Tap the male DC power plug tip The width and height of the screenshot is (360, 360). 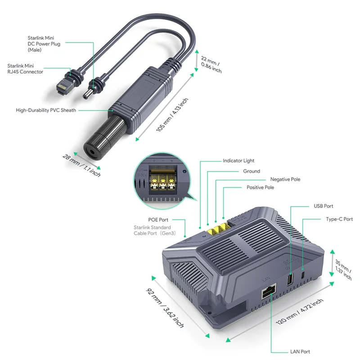[85, 95]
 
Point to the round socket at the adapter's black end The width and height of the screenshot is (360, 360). [93, 152]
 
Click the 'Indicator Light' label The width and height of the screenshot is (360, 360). [238, 161]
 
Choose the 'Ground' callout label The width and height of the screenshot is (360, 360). [252, 171]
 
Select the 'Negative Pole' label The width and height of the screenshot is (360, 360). [285, 179]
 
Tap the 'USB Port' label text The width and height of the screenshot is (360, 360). [323, 206]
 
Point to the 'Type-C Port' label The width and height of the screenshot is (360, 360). [339, 219]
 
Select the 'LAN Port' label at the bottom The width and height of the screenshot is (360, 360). [300, 351]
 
